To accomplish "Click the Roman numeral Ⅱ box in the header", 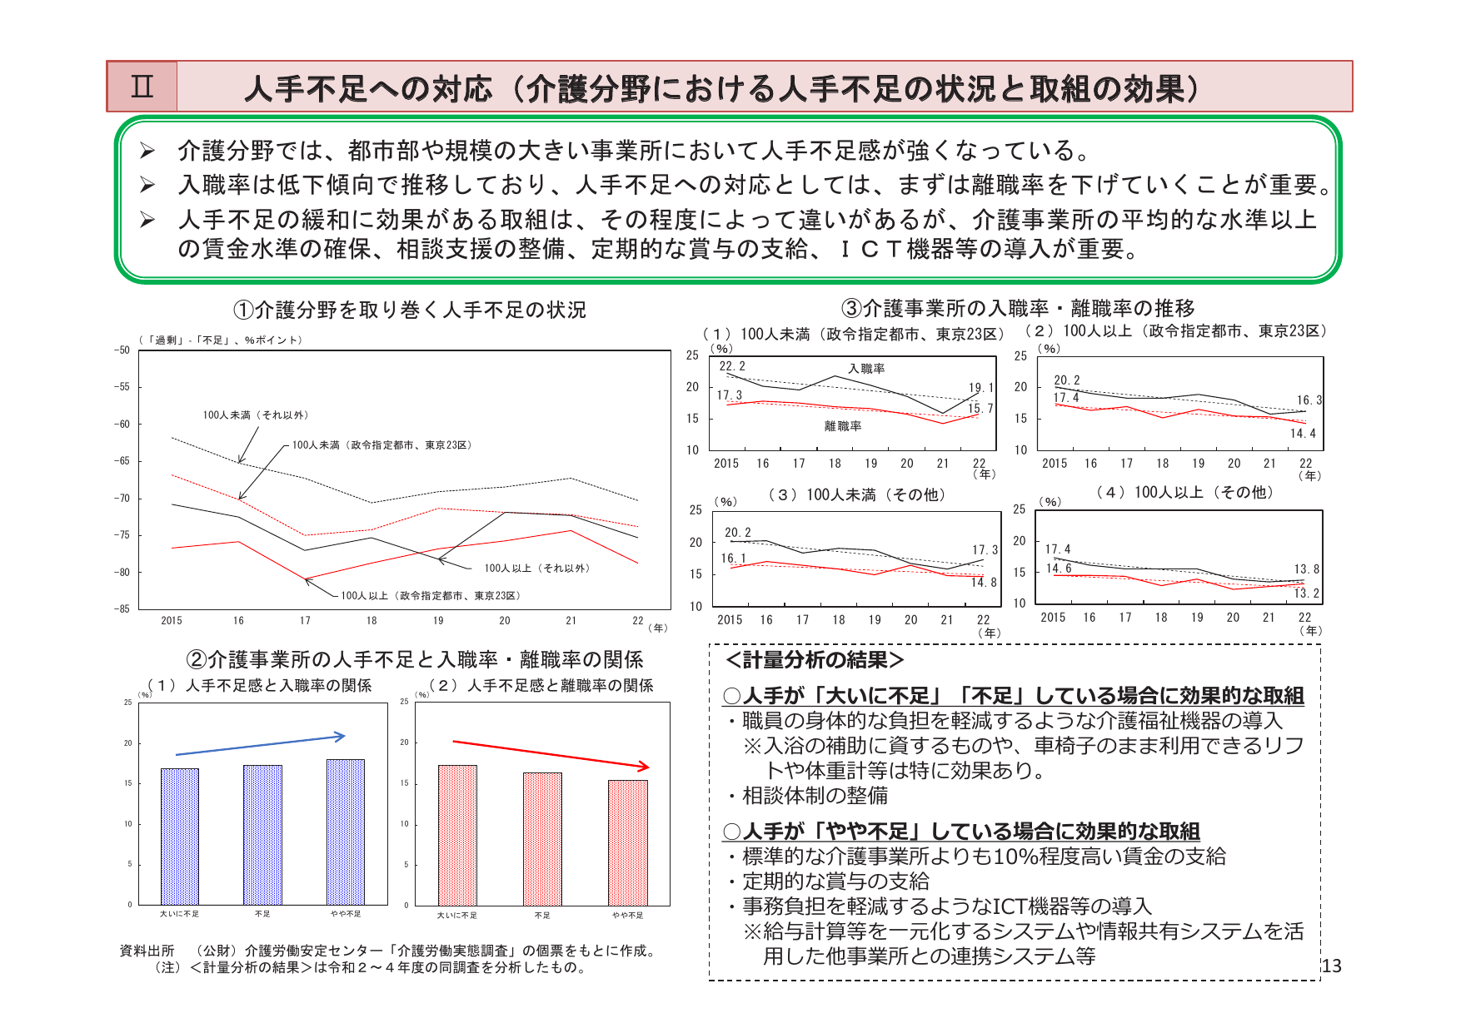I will pyautogui.click(x=142, y=87).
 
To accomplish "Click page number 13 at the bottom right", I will pyautogui.click(x=1332, y=966).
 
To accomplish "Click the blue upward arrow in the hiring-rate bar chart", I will pyautogui.click(x=260, y=745).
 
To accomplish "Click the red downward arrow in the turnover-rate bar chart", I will pyautogui.click(x=550, y=753).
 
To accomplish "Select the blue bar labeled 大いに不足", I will pyautogui.click(x=180, y=836).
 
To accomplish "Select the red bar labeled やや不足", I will pyautogui.click(x=627, y=842).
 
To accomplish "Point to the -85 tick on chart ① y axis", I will pyautogui.click(x=122, y=608).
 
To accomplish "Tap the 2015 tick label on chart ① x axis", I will pyautogui.click(x=172, y=621).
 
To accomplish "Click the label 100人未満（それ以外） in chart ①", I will pyautogui.click(x=256, y=415).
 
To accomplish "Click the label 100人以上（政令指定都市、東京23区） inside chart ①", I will pyautogui.click(x=431, y=596).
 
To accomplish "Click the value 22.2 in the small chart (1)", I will pyautogui.click(x=732, y=366).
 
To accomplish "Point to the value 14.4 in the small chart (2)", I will pyautogui.click(x=1303, y=434).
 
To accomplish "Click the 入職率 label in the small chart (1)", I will pyautogui.click(x=866, y=369).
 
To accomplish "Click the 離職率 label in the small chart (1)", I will pyautogui.click(x=843, y=426).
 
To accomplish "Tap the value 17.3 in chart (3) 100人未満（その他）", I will pyautogui.click(x=985, y=550).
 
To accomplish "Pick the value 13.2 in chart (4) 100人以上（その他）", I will pyautogui.click(x=1306, y=593).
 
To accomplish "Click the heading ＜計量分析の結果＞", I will pyautogui.click(x=815, y=660).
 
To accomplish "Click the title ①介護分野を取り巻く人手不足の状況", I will pyautogui.click(x=410, y=310).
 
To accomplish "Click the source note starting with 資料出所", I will pyautogui.click(x=388, y=951).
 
